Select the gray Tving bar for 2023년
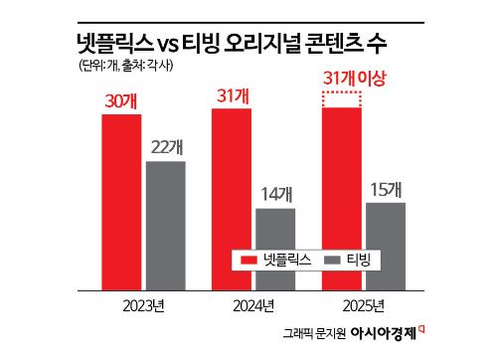pos(165,225)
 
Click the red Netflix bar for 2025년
pos(343,199)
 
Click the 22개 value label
pos(166,146)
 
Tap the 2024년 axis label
pos(254,304)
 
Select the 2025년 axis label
pos(366,304)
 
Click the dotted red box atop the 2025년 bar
pos(343,98)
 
